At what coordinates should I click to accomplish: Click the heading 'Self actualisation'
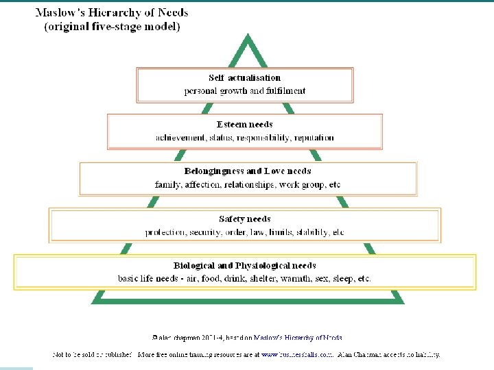(x=244, y=78)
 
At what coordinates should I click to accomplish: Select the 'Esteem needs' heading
(x=244, y=125)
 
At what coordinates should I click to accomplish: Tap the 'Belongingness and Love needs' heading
(x=248, y=171)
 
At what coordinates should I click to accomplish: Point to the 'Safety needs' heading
(x=244, y=219)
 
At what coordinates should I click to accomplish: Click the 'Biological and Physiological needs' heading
(x=244, y=266)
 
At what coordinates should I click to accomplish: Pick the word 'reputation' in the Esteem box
(x=313, y=138)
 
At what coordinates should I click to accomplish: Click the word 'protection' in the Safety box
(x=165, y=232)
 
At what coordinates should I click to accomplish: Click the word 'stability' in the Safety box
(x=312, y=232)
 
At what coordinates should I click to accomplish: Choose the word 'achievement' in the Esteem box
(x=179, y=138)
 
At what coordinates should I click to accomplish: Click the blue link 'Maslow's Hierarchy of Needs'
(x=298, y=337)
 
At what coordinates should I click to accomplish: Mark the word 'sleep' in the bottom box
(x=346, y=279)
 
